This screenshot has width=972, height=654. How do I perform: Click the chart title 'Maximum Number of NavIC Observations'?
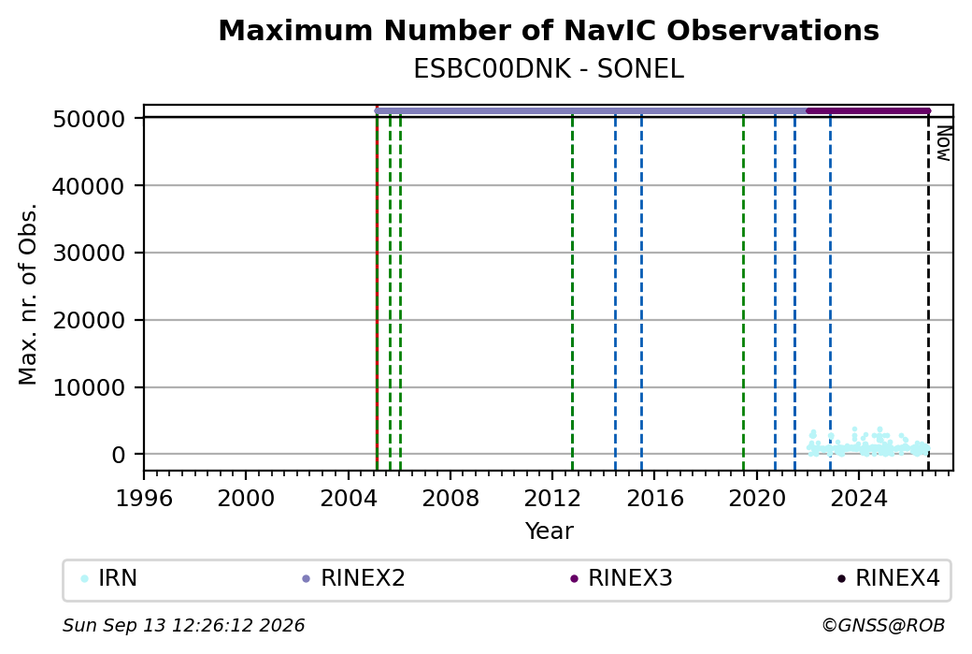(x=549, y=31)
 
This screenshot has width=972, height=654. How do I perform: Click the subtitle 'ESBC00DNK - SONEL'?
(x=549, y=69)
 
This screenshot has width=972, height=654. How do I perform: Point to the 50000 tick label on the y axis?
(x=89, y=119)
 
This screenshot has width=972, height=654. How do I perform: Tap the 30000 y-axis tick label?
(x=89, y=254)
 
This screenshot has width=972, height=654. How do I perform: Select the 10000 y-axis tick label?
(x=89, y=387)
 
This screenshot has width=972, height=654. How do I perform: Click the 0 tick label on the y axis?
(x=119, y=455)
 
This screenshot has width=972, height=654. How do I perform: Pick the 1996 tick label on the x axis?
(x=144, y=499)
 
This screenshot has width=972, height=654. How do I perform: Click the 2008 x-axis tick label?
(x=450, y=499)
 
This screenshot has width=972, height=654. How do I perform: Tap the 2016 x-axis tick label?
(x=654, y=499)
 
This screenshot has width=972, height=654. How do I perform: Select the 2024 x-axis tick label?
(x=859, y=499)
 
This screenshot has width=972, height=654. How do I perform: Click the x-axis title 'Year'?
(x=550, y=531)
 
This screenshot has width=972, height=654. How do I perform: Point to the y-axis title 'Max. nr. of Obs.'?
(x=28, y=294)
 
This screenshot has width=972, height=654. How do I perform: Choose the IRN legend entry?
(x=109, y=578)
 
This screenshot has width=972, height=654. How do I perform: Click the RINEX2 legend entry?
(x=353, y=578)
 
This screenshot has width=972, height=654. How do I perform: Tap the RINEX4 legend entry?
(x=888, y=578)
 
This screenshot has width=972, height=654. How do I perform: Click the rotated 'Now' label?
(x=943, y=143)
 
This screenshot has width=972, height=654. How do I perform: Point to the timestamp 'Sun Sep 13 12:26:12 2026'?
(x=184, y=625)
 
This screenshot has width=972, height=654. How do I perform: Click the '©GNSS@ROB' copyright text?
(x=883, y=625)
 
